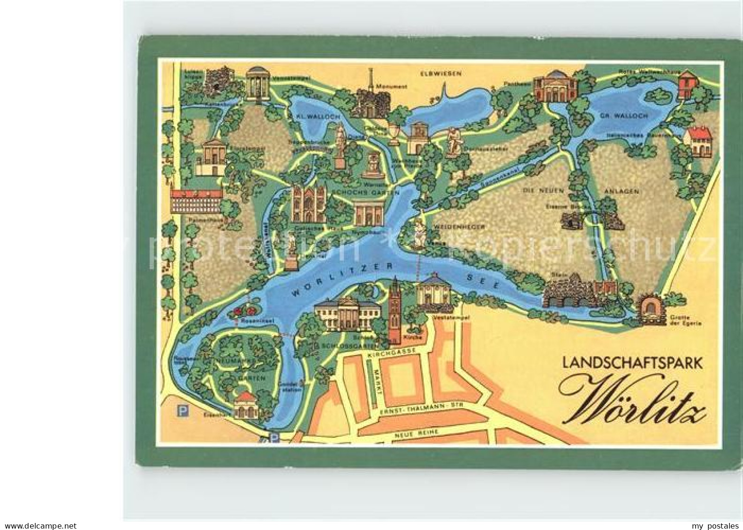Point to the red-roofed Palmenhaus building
tap(196, 202)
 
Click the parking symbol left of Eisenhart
tap(180, 411)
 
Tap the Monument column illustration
tap(370, 96)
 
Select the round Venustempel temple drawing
tap(256, 83)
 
